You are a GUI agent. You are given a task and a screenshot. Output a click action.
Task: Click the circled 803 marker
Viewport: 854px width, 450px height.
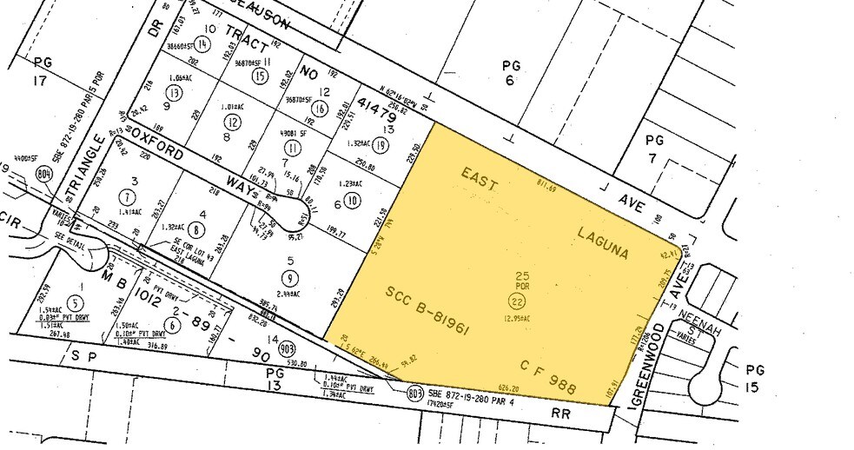click(x=415, y=394)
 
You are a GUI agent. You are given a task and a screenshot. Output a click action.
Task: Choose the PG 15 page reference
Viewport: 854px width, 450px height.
click(x=756, y=378)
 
